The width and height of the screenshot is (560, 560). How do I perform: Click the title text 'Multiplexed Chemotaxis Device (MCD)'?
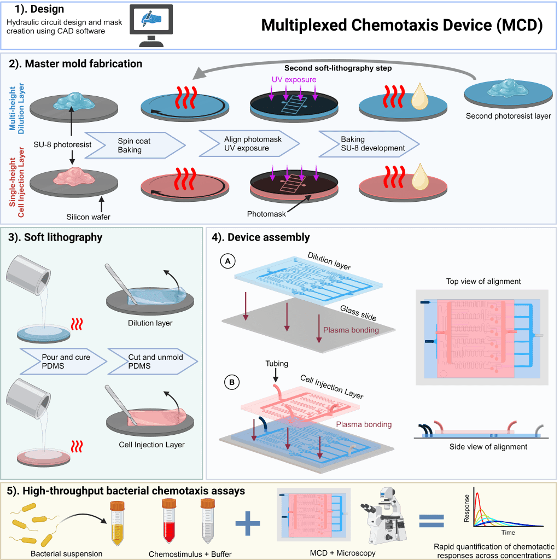pos(402,25)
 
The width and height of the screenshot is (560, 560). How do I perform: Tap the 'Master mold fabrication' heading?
pos(75,64)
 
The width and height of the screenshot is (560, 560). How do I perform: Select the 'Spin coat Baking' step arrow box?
pos(134,145)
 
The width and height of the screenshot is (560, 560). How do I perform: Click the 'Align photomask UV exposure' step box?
pos(253,144)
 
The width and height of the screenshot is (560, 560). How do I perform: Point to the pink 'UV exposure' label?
pos(294,80)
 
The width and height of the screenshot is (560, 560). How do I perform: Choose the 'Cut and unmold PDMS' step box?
pos(155,361)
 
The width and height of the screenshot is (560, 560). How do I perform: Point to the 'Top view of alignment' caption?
pos(483,282)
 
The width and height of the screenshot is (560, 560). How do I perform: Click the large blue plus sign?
pos(248,522)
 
